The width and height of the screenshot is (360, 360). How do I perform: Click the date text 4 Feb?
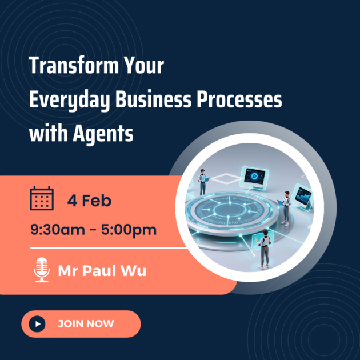tap(89, 201)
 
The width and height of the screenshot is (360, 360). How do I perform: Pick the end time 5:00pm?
tap(129, 230)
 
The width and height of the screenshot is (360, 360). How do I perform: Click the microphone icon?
tap(42, 270)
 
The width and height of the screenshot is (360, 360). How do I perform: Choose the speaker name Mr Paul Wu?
tap(102, 270)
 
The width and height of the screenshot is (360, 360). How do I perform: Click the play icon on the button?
tap(38, 323)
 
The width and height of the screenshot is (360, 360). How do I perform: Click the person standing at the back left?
tap(203, 181)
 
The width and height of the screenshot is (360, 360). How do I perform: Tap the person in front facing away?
tap(263, 249)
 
